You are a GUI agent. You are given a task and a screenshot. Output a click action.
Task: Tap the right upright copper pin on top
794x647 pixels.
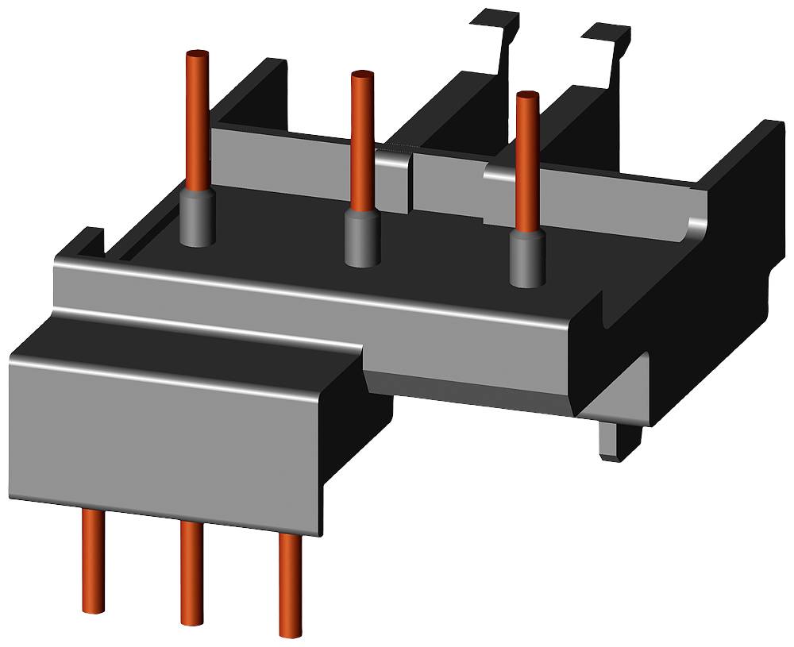coord(526,159)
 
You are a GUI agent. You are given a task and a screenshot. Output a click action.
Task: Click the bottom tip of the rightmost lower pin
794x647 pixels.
coord(289,632)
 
